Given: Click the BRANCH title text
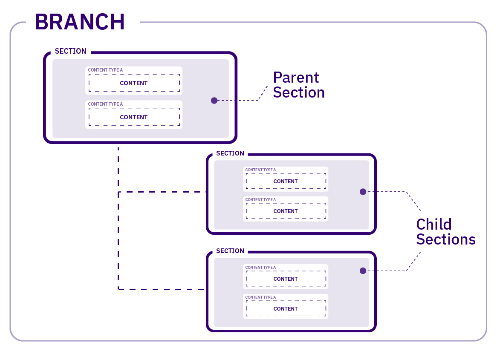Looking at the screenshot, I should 80,21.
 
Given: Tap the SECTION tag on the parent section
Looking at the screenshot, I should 70,51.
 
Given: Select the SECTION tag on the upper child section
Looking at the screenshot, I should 230,153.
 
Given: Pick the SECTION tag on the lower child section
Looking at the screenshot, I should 230,251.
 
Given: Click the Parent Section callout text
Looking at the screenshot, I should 298,85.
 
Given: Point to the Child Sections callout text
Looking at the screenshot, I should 445,232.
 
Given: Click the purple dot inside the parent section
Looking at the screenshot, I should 214,101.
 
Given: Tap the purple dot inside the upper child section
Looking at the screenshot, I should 363,192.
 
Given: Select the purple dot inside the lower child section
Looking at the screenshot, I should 363,271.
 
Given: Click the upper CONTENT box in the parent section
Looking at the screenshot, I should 134,83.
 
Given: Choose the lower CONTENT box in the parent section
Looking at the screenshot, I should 134,117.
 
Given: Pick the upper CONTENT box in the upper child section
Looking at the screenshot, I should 286,181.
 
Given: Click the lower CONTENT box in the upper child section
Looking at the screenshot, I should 286,211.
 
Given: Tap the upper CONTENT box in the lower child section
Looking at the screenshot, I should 286,279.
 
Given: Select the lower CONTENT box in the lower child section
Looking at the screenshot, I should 286,309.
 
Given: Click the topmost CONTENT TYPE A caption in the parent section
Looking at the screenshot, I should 105,70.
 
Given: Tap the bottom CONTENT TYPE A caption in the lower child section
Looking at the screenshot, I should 260,297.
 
